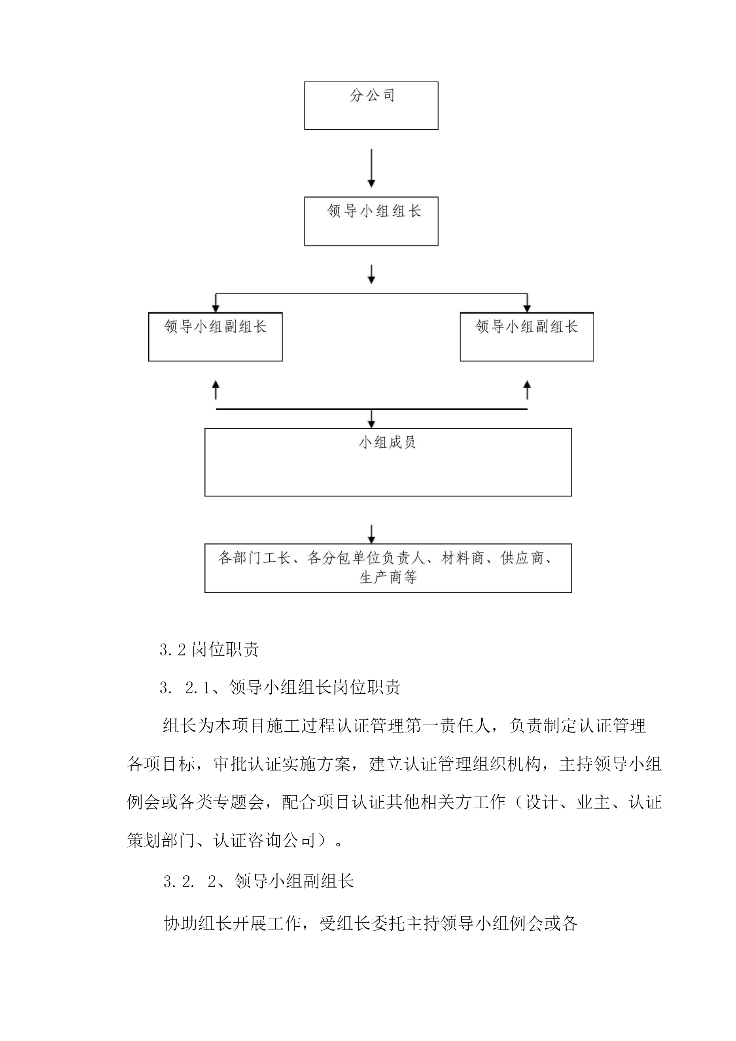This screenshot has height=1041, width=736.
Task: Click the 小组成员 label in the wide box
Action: coord(387,443)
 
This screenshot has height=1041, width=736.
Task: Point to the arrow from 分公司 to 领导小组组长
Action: coord(371,168)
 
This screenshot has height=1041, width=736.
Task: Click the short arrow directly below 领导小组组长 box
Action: coord(371,275)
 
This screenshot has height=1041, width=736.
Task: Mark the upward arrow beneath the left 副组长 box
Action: coord(216,390)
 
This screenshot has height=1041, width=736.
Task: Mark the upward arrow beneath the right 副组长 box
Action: coord(527,390)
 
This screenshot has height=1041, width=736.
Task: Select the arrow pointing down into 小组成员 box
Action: coord(371,419)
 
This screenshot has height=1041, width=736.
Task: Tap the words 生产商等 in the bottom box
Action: coord(388,577)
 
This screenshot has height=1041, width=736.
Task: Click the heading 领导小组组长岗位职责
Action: coord(315,688)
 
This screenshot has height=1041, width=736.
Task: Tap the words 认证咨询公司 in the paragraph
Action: coord(265,840)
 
